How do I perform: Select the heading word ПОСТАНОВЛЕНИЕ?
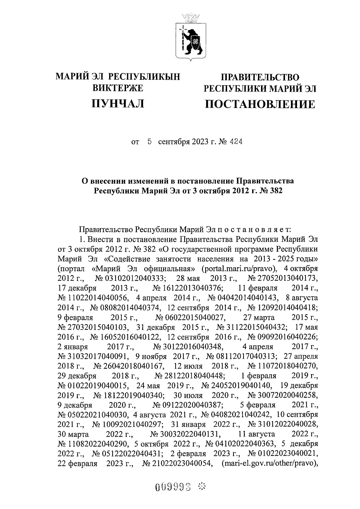[x=260, y=104]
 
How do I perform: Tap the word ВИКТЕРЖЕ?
[x=118, y=88]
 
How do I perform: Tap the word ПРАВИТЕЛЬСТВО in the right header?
[x=260, y=78]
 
